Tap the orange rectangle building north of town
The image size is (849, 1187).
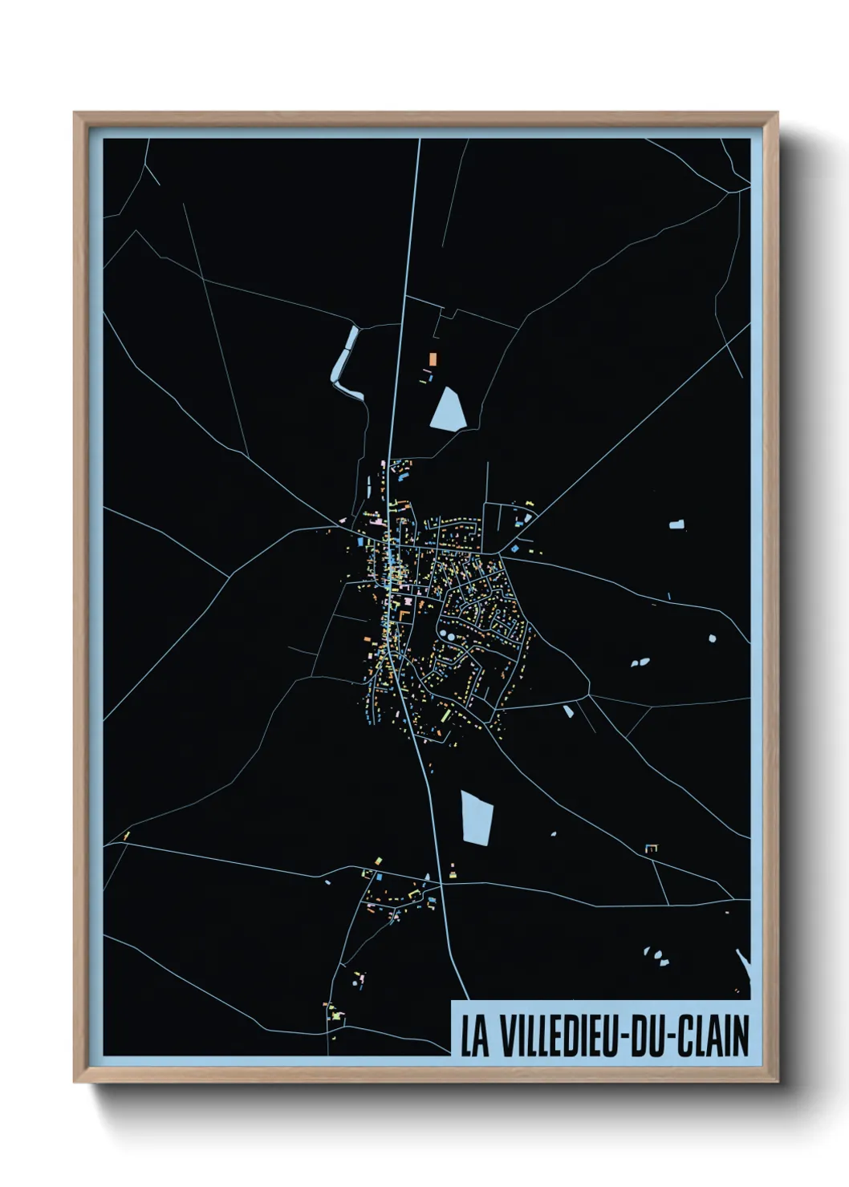pos(433,359)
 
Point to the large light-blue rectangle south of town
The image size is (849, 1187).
pos(476,818)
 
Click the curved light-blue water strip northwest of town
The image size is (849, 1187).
pos(347,361)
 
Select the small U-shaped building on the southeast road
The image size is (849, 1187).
pos(652,847)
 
